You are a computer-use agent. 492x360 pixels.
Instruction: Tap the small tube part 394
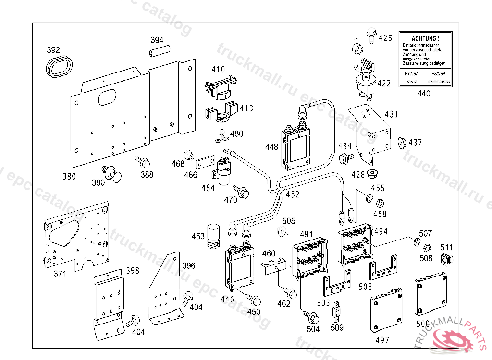click(x=160, y=50)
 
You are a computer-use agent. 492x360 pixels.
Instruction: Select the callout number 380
click(x=69, y=176)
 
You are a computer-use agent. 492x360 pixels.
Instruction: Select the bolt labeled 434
click(x=345, y=157)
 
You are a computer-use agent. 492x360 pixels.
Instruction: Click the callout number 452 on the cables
click(x=292, y=194)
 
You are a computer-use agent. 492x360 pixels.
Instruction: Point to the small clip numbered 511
click(x=447, y=261)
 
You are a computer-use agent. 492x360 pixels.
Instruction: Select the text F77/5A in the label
click(x=412, y=74)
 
